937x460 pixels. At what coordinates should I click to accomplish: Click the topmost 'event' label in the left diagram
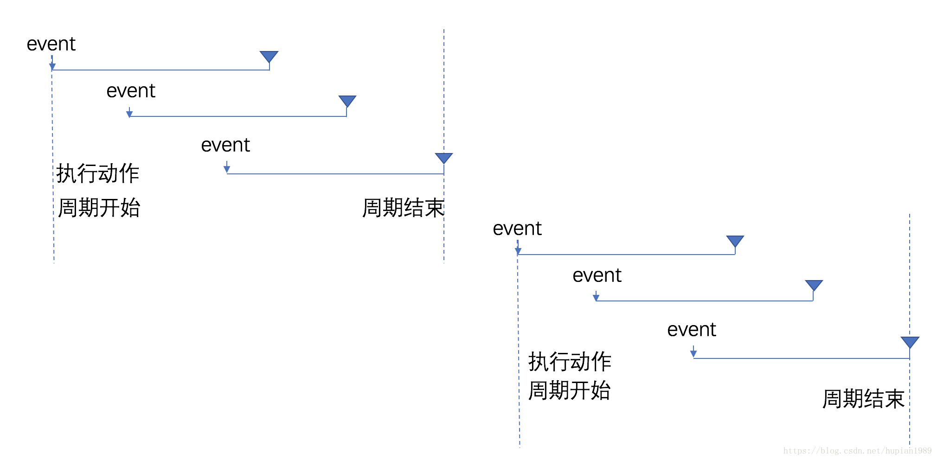click(x=51, y=44)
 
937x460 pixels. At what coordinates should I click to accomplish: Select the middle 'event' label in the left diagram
click(x=131, y=91)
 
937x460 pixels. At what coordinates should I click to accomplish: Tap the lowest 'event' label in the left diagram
click(x=225, y=145)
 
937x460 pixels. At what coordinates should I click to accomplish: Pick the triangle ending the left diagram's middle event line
click(x=347, y=101)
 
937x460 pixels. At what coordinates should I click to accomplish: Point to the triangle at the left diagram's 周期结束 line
click(x=444, y=158)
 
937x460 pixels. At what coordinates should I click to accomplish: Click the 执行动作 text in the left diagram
click(x=98, y=173)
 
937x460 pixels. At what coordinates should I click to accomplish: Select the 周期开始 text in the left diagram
click(x=99, y=207)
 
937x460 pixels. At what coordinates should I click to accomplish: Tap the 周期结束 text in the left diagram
click(x=403, y=207)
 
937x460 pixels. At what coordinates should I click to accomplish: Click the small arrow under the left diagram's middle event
click(x=129, y=113)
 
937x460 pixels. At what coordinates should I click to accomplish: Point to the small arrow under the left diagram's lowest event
click(x=227, y=168)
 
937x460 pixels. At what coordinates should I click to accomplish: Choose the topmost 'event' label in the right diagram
click(x=517, y=229)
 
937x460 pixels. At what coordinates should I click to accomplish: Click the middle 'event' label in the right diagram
click(x=597, y=275)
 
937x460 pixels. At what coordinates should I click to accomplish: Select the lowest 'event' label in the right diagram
click(x=692, y=330)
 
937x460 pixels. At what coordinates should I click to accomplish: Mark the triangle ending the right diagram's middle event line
click(x=814, y=285)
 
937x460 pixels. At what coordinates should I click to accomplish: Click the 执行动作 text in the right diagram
click(x=570, y=361)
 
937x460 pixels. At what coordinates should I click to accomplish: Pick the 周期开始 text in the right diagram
click(x=569, y=390)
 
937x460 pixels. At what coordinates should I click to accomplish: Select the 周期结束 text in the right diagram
click(x=863, y=399)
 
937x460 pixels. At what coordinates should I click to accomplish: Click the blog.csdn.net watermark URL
click(x=857, y=451)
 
